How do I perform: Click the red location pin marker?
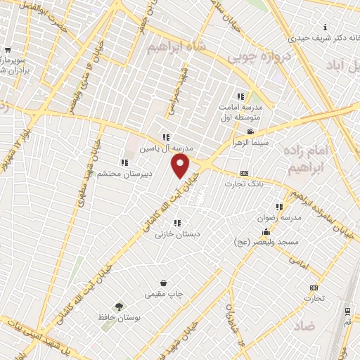coord(181,167)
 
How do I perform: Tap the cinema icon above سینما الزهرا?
coord(250,131)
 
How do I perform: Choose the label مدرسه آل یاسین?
coord(160,148)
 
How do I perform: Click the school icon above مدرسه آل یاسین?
coord(165,138)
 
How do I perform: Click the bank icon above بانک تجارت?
coord(244,173)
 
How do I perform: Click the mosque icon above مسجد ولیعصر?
coord(266,232)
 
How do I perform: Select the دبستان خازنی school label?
coord(174,234)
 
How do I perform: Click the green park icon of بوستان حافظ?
coord(118,306)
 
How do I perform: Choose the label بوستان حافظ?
coord(116,318)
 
